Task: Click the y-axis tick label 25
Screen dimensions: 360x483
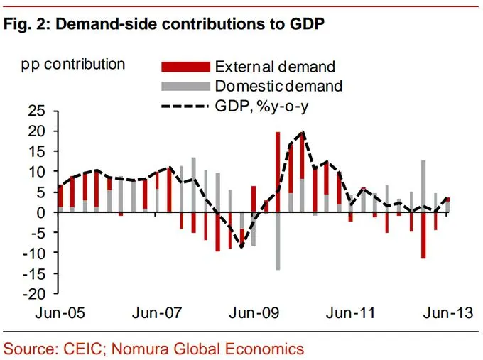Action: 36,111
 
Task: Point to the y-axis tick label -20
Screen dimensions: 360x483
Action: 33,294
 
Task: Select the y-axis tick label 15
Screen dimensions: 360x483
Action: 36,152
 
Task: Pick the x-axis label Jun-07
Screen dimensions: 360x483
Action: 155,312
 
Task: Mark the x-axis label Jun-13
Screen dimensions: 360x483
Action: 445,312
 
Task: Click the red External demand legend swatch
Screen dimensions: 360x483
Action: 186,67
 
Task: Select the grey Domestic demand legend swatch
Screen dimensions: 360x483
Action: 186,86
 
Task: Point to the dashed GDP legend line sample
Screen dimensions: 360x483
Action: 186,106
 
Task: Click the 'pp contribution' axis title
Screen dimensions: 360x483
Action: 73,65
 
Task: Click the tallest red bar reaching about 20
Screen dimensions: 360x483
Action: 277,163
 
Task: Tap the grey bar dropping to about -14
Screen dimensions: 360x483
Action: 277,241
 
